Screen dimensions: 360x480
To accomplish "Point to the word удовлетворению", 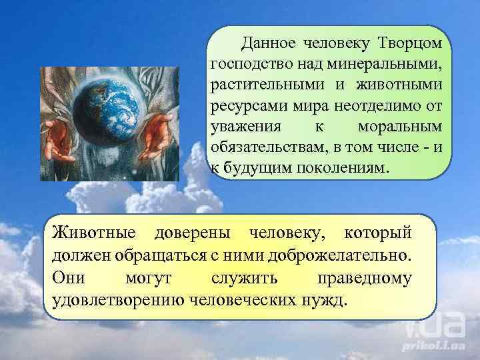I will tap(118, 298).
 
